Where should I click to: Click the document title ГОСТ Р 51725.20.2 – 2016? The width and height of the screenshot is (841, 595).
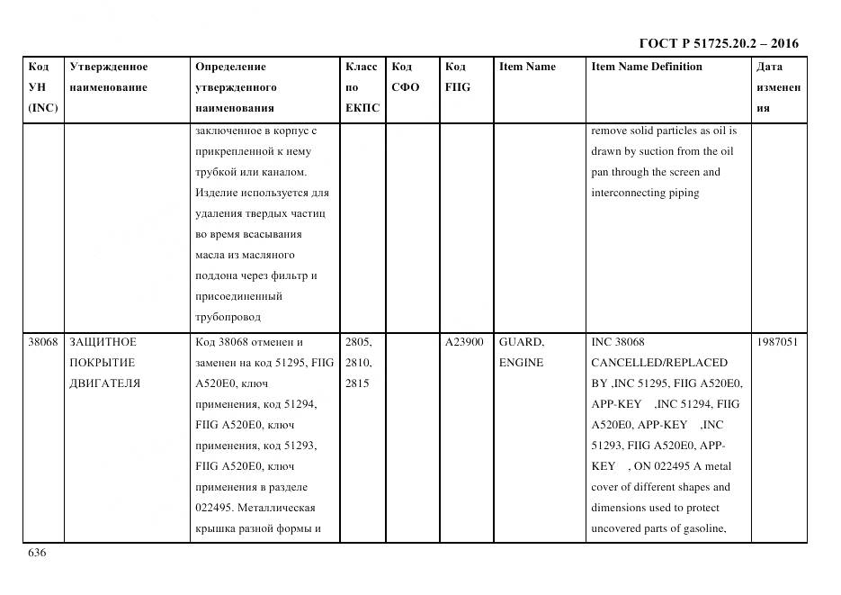718,43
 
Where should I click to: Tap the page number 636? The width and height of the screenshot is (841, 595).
38,553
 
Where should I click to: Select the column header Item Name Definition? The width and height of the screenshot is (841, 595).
646,67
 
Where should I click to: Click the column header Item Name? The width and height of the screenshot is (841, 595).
527,67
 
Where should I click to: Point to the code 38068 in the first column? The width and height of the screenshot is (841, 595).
43,342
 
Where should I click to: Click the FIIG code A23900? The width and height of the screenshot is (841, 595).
464,342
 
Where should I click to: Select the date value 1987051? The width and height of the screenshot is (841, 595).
777,342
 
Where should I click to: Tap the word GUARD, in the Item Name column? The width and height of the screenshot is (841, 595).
522,342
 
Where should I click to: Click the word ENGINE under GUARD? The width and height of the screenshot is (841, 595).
521,363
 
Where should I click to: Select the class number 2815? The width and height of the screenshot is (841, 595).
358,383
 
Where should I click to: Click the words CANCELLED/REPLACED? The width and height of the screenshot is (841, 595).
658,363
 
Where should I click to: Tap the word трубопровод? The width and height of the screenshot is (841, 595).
228,317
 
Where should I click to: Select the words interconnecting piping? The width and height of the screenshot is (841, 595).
645,193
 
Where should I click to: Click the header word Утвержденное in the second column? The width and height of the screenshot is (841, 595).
109,67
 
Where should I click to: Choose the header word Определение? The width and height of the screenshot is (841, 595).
230,67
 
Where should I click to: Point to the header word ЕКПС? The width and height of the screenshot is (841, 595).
362,108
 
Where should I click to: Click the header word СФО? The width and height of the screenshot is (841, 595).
406,87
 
